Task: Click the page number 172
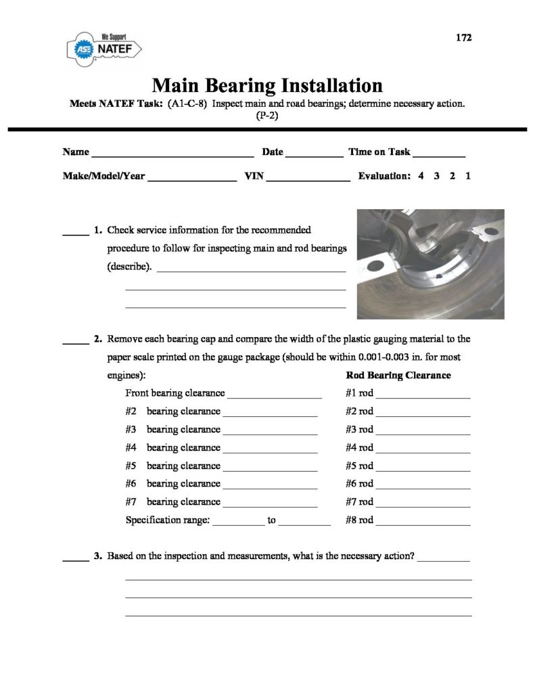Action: (463, 38)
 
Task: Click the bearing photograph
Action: (430, 264)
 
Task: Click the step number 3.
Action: (98, 556)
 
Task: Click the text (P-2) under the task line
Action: (266, 116)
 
